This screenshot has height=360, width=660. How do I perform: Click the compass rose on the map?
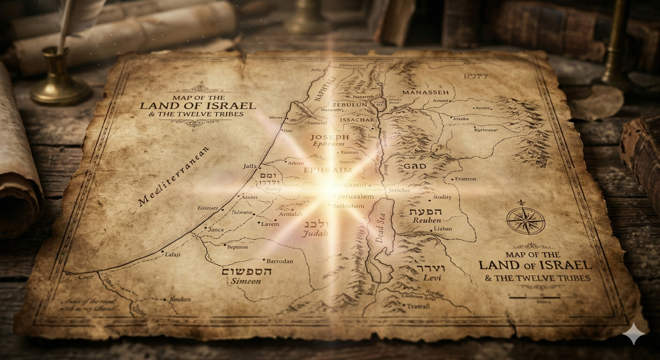tap(526, 221)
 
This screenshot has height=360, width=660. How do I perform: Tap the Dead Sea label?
tap(380, 229)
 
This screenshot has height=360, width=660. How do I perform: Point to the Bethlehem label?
tap(348, 206)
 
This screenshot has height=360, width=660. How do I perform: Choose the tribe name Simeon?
tap(246, 281)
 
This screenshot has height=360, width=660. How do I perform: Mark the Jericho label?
tap(399, 190)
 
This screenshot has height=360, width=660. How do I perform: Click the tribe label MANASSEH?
tap(425, 92)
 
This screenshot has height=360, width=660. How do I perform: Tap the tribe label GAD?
tap(415, 166)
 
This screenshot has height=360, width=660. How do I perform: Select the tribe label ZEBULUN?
tap(349, 104)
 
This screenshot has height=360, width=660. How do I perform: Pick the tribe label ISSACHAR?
tap(357, 120)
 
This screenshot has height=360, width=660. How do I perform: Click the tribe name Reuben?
tap(427, 220)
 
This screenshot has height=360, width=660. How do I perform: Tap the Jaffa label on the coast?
tap(250, 166)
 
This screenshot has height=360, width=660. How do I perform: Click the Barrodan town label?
tap(280, 261)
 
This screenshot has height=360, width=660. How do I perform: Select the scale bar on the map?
tap(542, 297)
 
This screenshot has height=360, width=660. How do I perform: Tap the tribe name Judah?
tap(315, 234)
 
